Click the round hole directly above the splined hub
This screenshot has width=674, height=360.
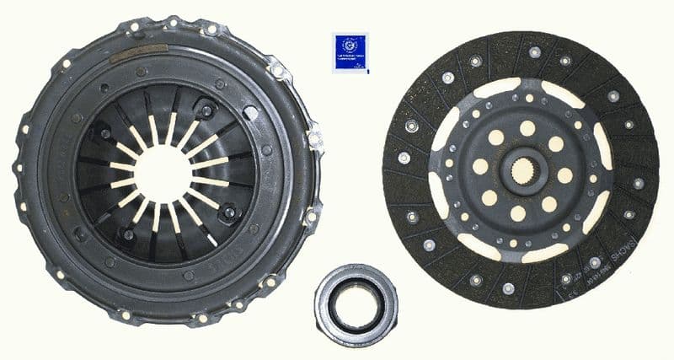(x=527, y=128)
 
